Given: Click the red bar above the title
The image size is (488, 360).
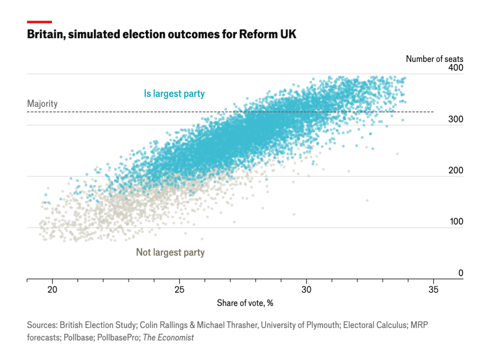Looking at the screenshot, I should click(x=40, y=22).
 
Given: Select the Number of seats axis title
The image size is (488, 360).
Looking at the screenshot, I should click(x=434, y=59).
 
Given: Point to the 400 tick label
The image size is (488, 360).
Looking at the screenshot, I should click(x=456, y=68).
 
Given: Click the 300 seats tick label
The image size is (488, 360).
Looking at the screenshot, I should click(x=456, y=119).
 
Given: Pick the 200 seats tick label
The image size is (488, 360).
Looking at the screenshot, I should click(x=456, y=171).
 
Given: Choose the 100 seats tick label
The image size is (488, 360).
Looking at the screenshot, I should click(x=456, y=222).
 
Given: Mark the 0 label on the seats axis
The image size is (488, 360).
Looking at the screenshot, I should click(x=460, y=273).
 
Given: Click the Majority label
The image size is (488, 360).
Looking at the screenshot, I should click(x=42, y=103).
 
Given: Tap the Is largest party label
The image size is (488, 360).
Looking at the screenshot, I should click(x=174, y=93).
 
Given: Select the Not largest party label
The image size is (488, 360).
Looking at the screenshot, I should click(x=170, y=252).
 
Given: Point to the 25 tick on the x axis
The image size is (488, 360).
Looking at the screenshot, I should click(x=180, y=289).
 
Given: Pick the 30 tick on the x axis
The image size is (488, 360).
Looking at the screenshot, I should click(x=306, y=289).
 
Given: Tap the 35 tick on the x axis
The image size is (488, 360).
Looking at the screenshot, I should click(x=433, y=289).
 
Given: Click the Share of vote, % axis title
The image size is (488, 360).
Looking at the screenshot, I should click(x=245, y=303).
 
